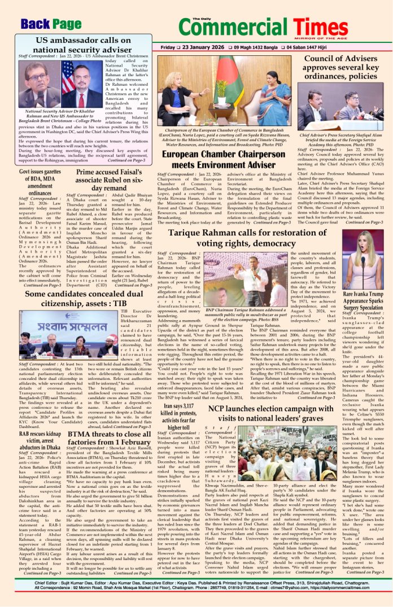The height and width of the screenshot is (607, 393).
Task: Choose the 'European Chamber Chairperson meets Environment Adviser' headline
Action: click(225, 159)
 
